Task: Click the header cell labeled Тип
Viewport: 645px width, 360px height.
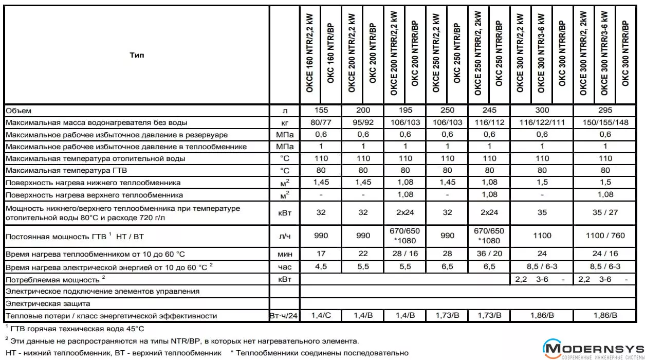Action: tap(137, 55)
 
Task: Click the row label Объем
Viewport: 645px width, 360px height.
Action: tap(19, 111)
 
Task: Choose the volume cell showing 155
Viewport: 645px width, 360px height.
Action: tap(321, 110)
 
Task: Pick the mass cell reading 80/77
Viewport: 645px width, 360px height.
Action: tap(321, 122)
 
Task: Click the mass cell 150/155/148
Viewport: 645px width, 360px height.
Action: tap(605, 122)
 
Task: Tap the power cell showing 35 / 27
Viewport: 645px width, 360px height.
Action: tap(605, 212)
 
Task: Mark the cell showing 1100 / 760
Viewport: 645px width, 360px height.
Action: tap(605, 236)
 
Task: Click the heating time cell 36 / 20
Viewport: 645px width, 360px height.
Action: tap(489, 254)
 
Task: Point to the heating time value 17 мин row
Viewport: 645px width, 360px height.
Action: tap(321, 254)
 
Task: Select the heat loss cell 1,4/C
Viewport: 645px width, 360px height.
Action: tap(321, 315)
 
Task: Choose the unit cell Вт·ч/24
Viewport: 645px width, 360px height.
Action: tap(284, 316)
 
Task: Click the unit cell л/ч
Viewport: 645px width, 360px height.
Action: tap(284, 236)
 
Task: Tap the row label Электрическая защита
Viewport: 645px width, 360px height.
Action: tap(48, 303)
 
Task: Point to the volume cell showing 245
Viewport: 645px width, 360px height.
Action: tap(489, 110)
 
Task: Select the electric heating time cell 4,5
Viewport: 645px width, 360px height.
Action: tap(321, 266)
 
